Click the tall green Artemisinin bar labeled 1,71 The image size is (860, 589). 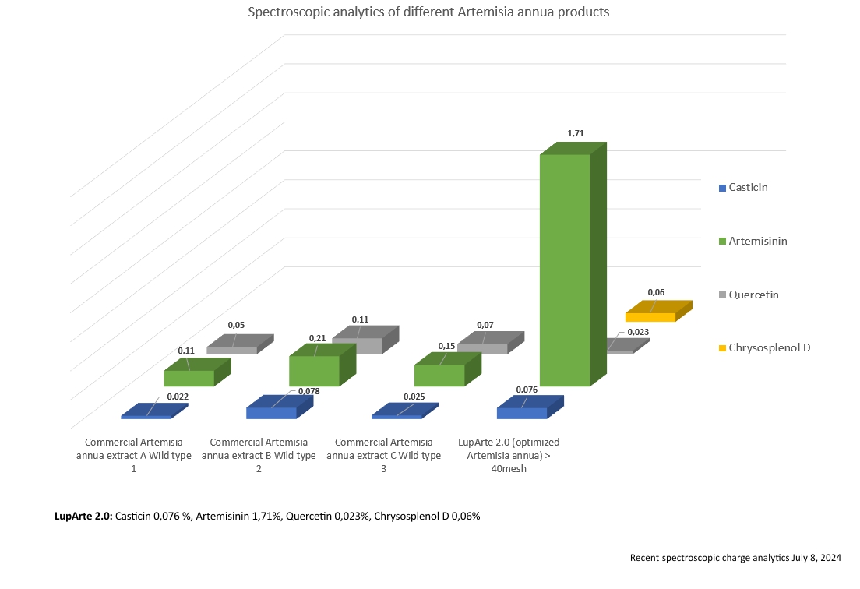(x=565, y=269)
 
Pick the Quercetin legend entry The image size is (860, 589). (x=753, y=295)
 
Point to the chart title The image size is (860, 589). (x=428, y=12)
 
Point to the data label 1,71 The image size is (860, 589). (x=576, y=133)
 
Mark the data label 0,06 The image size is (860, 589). (x=656, y=292)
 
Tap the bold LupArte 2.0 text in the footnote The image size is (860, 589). (x=83, y=516)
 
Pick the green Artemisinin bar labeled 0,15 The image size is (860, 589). (x=439, y=375)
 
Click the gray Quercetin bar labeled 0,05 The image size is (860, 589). (x=232, y=350)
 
